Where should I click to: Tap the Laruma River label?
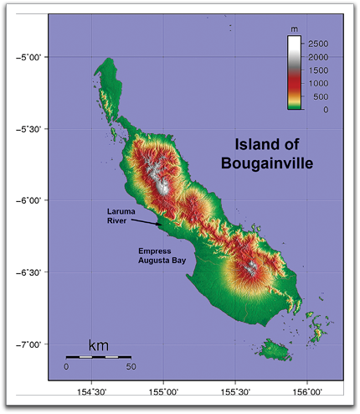click(121, 215)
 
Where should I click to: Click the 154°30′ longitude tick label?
click(91, 391)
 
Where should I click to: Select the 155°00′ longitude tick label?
click(163, 391)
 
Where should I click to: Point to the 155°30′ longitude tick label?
click(235, 391)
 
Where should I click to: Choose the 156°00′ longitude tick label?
click(307, 391)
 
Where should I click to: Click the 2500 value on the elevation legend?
click(319, 42)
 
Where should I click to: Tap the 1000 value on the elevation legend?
click(319, 83)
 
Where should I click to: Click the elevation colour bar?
click(294, 74)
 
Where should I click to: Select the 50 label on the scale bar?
click(131, 366)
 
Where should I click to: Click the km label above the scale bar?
click(99, 345)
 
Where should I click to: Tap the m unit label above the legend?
click(294, 29)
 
